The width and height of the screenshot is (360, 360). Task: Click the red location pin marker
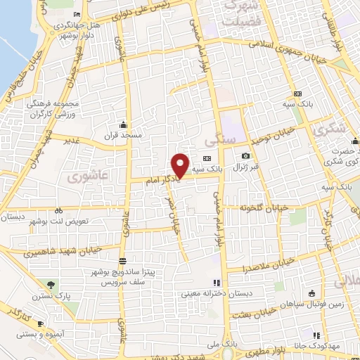(180, 165)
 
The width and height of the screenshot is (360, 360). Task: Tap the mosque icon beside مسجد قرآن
(124, 124)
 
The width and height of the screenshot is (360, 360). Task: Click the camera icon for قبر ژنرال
(245, 155)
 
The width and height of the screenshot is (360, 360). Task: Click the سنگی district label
(229, 140)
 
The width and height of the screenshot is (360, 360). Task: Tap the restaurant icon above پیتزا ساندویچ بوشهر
(122, 262)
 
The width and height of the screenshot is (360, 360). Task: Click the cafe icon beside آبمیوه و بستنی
(40, 323)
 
